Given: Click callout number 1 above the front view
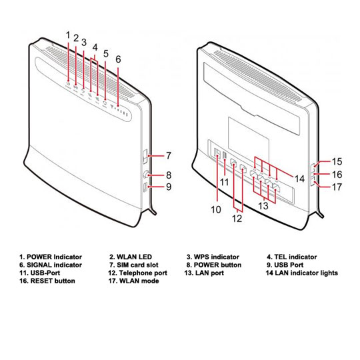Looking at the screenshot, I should [x=68, y=33].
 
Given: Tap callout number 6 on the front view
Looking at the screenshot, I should [x=118, y=59].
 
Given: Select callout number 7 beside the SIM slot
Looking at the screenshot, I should [x=169, y=156].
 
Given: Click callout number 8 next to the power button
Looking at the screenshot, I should [x=169, y=175].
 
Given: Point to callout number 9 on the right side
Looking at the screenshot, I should [x=169, y=187].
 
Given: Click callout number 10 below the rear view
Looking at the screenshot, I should [x=216, y=209].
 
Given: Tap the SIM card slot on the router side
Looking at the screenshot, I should [x=147, y=157].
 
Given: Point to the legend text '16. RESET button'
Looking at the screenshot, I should [x=47, y=281].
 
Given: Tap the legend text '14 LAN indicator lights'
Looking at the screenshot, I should [x=301, y=273].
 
